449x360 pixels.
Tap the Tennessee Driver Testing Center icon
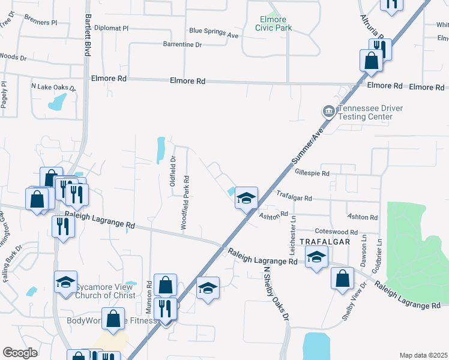tap(328, 111)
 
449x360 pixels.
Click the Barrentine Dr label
tap(182, 44)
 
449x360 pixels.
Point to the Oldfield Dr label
tap(172, 170)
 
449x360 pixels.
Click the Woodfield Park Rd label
tap(187, 203)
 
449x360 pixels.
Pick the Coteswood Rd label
tap(336, 232)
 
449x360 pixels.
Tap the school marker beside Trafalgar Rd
tap(246, 198)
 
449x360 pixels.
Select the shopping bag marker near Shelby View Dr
tap(342, 279)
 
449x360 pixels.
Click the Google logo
tap(20, 352)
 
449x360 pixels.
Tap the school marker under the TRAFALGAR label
tap(316, 258)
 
